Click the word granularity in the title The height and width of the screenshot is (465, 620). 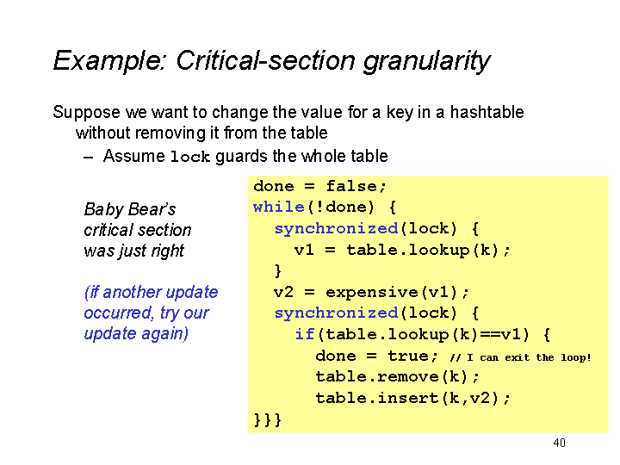pyautogui.click(x=426, y=62)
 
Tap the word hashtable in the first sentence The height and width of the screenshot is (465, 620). pyautogui.click(x=487, y=112)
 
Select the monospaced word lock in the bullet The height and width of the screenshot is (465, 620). pyautogui.click(x=189, y=157)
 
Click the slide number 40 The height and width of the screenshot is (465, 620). pyautogui.click(x=559, y=443)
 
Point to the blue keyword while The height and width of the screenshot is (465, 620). pyautogui.click(x=278, y=207)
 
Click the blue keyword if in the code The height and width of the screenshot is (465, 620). pyautogui.click(x=305, y=334)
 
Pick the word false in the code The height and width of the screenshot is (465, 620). pyautogui.click(x=351, y=186)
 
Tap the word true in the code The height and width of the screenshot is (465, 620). pyautogui.click(x=407, y=356)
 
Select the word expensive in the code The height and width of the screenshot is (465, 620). pyautogui.click(x=372, y=292)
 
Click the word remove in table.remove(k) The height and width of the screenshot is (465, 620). pyautogui.click(x=408, y=376)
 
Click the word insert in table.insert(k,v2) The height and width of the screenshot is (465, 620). pyautogui.click(x=408, y=398)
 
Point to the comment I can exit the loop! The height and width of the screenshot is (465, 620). pyautogui.click(x=529, y=357)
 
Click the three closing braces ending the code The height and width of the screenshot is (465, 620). pyautogui.click(x=267, y=419)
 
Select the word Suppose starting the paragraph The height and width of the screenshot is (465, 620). pyautogui.click(x=87, y=113)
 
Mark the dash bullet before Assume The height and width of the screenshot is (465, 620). pyautogui.click(x=89, y=158)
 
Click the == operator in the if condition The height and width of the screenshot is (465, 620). pyautogui.click(x=490, y=334)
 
